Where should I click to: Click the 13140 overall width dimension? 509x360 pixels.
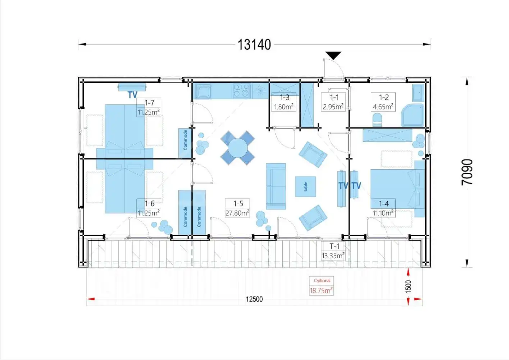click(x=254, y=45)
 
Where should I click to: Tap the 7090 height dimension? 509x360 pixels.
click(x=467, y=172)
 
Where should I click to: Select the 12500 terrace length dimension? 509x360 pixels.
click(x=254, y=299)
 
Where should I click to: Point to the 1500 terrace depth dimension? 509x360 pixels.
click(x=408, y=287)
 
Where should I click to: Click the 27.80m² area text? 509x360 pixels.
click(x=237, y=213)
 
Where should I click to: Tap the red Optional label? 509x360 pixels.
click(x=322, y=280)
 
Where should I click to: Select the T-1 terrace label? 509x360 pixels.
click(x=335, y=246)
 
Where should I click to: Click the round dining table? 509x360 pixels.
click(x=238, y=148)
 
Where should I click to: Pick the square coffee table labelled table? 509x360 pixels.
click(x=305, y=186)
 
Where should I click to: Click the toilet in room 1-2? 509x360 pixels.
click(x=377, y=120)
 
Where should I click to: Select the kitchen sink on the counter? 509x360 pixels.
click(x=204, y=91)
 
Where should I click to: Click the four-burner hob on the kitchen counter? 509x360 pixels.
click(x=241, y=91)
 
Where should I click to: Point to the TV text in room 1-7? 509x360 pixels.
click(x=133, y=95)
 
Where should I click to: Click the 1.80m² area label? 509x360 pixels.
click(x=283, y=107)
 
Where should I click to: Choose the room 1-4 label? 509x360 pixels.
click(x=384, y=203)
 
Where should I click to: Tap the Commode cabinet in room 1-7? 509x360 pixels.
click(x=185, y=143)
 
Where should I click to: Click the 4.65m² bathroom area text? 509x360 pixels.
click(x=383, y=107)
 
